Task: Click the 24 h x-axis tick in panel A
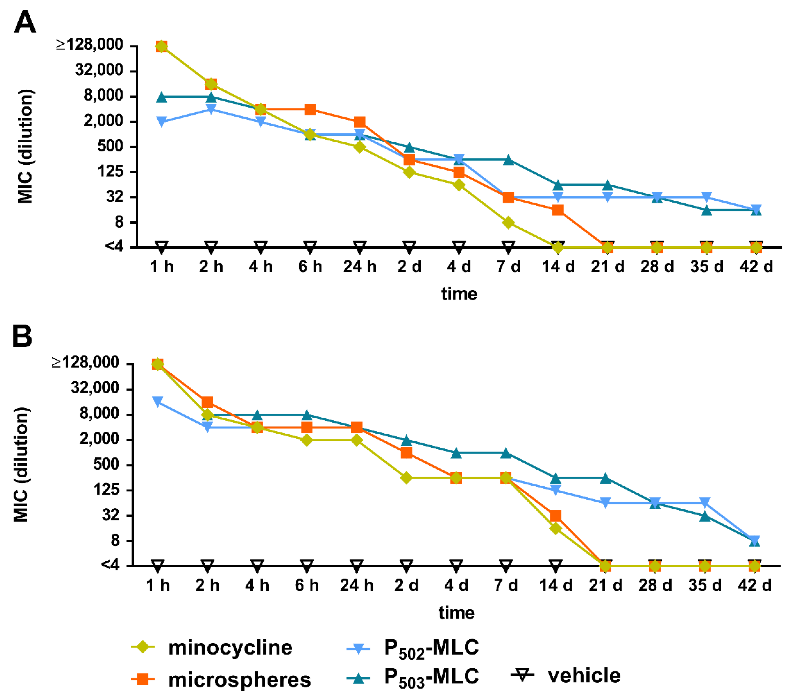pyautogui.click(x=360, y=267)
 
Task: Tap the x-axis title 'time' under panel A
pyautogui.click(x=459, y=294)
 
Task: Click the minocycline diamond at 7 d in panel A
pyautogui.click(x=508, y=223)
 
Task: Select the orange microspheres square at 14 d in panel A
pyautogui.click(x=558, y=210)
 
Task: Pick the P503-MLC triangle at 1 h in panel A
pyautogui.click(x=162, y=97)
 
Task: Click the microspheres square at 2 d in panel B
pyautogui.click(x=406, y=452)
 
